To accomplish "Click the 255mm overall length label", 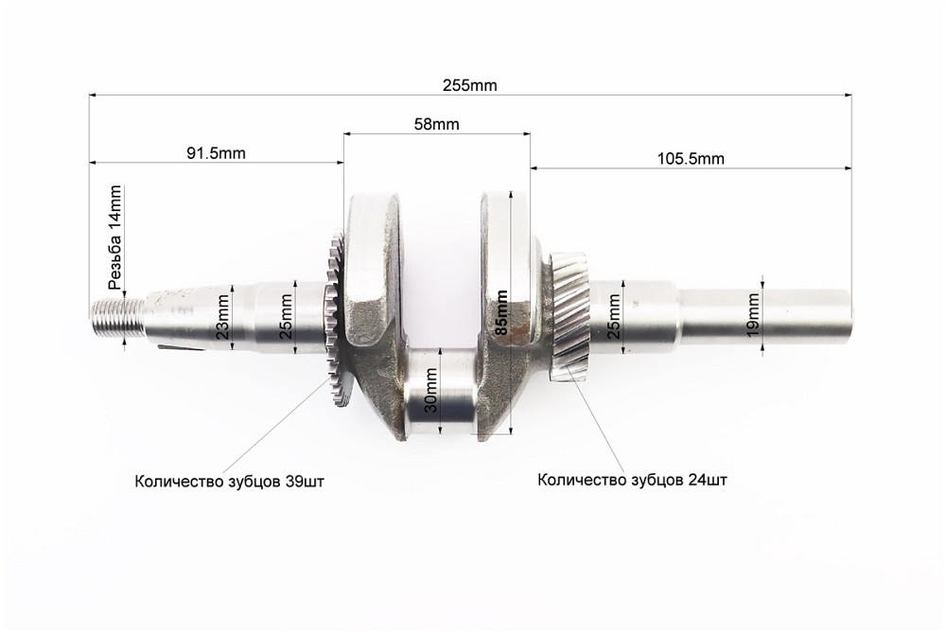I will (470, 85).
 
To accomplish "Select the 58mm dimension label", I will (437, 124).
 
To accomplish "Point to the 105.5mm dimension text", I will (691, 159).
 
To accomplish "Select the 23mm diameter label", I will (223, 317).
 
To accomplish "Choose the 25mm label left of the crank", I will (286, 317).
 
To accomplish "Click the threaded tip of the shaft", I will (118, 316).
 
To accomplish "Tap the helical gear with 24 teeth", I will (569, 317).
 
